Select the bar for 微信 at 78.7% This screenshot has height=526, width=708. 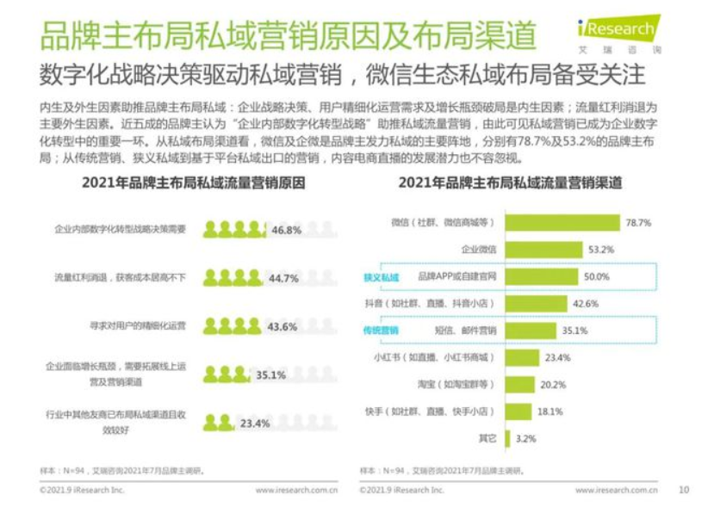[x=561, y=222]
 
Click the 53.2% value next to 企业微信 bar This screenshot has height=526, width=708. [x=600, y=250]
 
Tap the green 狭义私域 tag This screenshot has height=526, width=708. [x=382, y=276]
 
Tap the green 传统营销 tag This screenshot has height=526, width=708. [x=382, y=330]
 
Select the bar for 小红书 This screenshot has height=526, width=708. [x=519, y=357]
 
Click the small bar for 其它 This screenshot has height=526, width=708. [x=506, y=438]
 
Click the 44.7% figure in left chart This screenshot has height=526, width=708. [x=283, y=278]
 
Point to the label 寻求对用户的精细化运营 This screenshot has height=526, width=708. [x=139, y=326]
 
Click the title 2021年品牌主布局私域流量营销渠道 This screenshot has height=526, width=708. [x=511, y=182]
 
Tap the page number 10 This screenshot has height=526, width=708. [x=684, y=490]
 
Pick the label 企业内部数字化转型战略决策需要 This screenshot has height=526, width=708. [x=120, y=230]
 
